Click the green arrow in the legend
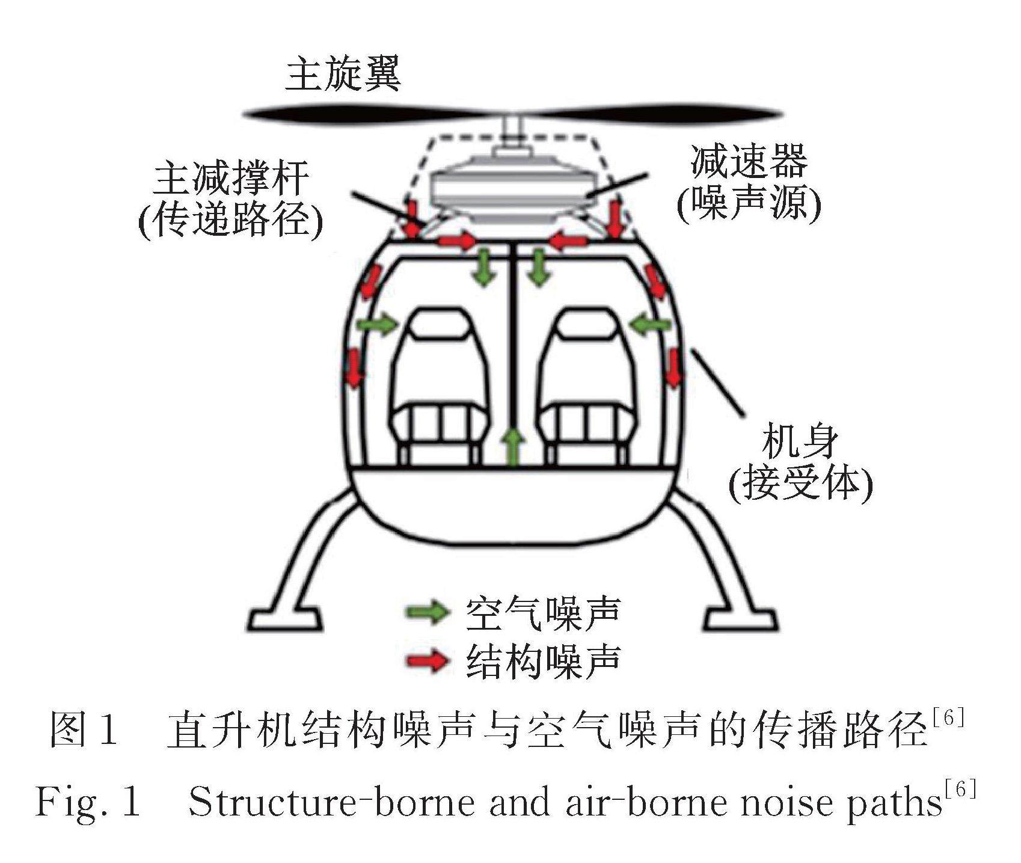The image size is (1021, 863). click(428, 612)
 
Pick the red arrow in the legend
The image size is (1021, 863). click(428, 661)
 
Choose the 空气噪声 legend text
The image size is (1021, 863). click(542, 613)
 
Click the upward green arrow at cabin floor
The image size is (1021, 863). click(512, 446)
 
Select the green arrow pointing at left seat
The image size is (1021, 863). click(378, 325)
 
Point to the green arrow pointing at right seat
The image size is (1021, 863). click(651, 325)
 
